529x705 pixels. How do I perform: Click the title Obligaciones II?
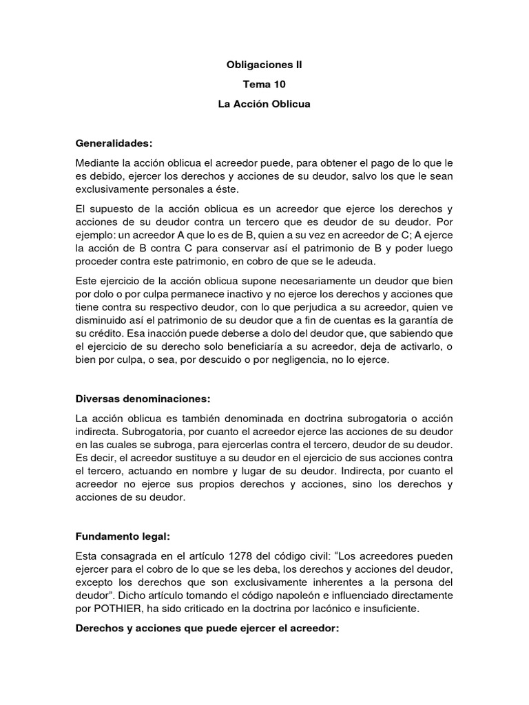coord(264,65)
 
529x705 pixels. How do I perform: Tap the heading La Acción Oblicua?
coord(264,105)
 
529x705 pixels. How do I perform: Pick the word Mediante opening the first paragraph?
coord(98,162)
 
